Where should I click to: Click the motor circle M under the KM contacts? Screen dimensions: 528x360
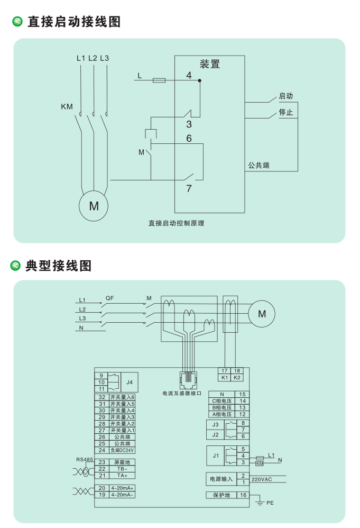pos(94,206)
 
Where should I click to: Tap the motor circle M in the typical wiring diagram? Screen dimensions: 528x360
pos(262,314)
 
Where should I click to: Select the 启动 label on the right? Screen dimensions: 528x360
pos(286,96)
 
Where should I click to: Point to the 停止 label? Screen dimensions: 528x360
pos(286,113)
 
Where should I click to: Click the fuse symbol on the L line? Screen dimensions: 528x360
pos(159,80)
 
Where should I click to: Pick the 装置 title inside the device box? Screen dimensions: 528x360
pos(210,64)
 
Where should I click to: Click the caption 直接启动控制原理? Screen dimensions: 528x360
pos(176,223)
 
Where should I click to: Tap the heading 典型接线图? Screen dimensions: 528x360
pos(59,266)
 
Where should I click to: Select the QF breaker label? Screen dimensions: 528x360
pos(109,298)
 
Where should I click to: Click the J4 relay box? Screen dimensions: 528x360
pos(129,381)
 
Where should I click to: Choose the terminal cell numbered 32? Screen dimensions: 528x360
pos(102,397)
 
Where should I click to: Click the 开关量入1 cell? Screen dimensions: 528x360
pos(122,431)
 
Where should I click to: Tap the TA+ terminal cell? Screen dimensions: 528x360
pos(122,475)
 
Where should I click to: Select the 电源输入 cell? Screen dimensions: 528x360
pos(220,479)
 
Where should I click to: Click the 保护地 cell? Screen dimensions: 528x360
pos(221,495)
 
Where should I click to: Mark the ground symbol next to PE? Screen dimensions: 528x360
pos(260,502)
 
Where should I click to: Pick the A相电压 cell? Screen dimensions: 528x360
pos(222,414)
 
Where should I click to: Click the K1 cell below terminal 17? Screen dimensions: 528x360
pos(225,378)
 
